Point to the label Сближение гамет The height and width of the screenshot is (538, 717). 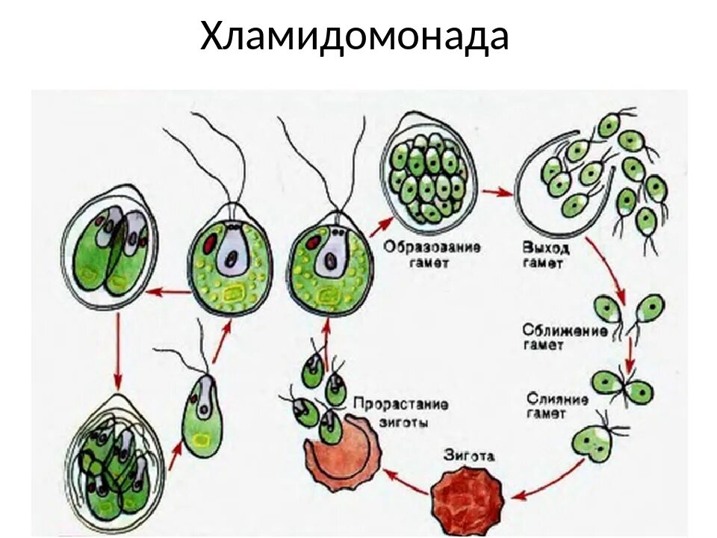565,337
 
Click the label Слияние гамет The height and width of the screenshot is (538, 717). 556,405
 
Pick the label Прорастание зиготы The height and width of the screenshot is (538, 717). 400,412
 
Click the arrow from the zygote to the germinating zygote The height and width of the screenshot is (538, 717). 406,482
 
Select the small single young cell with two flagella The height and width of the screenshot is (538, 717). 200,411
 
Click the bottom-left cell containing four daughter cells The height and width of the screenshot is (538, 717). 114,457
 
